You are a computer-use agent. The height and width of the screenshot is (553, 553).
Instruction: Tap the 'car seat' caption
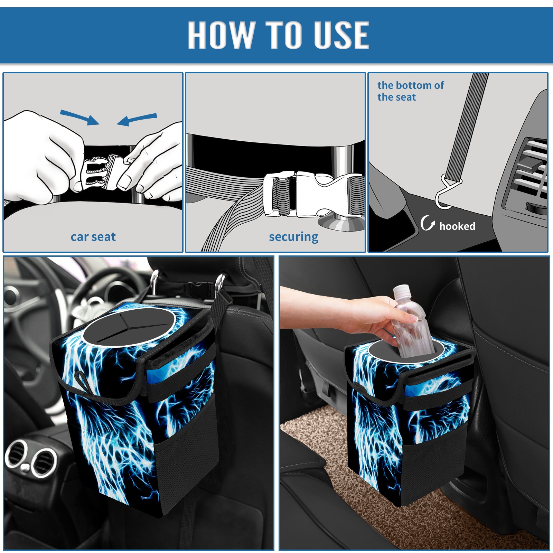point(93,237)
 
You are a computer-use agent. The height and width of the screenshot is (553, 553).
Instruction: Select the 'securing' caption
point(293,237)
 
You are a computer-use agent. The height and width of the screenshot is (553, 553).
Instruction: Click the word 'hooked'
point(457,226)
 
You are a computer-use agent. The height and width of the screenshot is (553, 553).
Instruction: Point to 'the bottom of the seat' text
point(410,91)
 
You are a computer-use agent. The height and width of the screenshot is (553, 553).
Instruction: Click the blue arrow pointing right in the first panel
point(79,117)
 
